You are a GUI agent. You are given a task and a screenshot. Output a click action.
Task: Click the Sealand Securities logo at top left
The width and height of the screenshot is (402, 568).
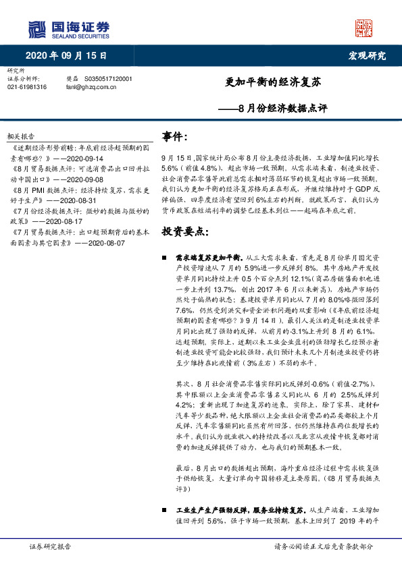click(x=68, y=28)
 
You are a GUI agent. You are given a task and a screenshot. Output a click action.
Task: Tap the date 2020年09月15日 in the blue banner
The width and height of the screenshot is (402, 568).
click(x=68, y=55)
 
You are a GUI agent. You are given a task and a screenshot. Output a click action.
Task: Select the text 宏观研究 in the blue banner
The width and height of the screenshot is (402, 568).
click(x=367, y=55)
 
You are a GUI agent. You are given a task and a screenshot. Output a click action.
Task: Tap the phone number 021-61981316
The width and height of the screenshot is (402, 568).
click(x=27, y=87)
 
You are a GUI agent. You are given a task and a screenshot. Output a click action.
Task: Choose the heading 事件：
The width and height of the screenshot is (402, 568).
click(x=175, y=137)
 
